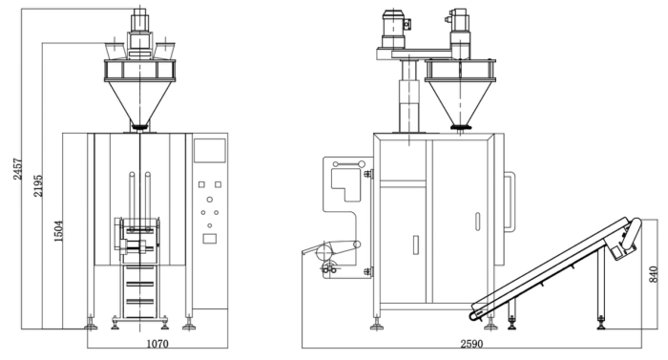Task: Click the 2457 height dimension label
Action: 17,169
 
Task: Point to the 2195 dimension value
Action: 38,185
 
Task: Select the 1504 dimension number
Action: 58,231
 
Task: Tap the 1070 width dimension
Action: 157,344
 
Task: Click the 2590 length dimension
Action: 471,344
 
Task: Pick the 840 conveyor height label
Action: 653,274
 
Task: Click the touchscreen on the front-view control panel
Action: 210,150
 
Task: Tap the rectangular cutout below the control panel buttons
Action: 209,239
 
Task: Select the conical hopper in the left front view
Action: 139,102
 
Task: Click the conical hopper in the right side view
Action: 460,102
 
